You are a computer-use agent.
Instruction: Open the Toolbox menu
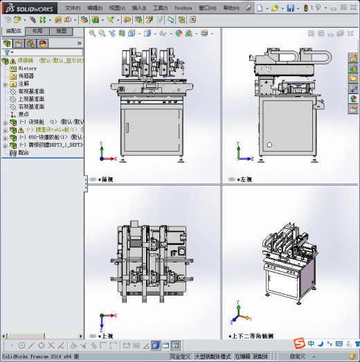[x=183, y=8]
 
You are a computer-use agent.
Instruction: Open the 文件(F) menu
[x=73, y=8]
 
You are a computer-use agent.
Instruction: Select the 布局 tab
[x=37, y=31]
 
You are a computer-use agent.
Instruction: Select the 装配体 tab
[x=13, y=31]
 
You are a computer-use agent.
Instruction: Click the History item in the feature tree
[x=28, y=69]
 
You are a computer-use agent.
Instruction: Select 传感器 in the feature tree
[x=26, y=76]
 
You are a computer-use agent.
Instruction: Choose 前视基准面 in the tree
[x=31, y=91]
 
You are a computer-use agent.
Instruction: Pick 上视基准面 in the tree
[x=31, y=99]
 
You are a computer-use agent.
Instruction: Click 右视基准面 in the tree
[x=31, y=107]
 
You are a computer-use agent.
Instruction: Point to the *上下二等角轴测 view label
[x=253, y=336]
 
